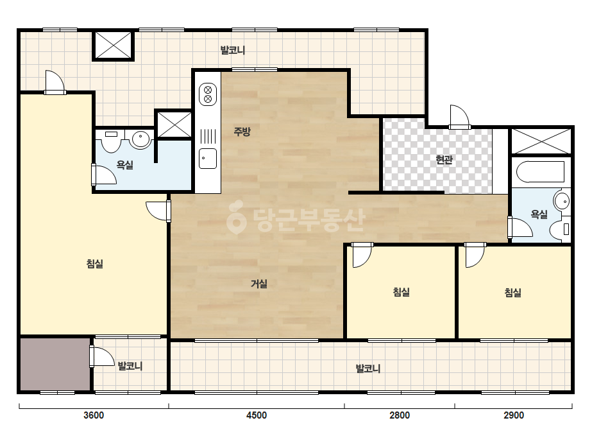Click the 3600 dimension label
point(93,415)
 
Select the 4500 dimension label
point(257,415)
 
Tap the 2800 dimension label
point(400,415)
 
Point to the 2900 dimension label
point(514,415)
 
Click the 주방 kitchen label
point(242,132)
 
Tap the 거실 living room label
point(259,284)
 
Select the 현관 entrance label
point(444,159)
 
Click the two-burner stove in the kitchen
point(208,94)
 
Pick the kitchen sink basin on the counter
point(208,159)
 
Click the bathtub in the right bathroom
point(541,172)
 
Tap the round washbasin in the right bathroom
point(562,201)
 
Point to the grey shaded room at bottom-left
point(55,364)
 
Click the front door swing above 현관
point(459,116)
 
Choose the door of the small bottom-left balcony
point(102,356)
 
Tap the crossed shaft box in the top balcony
point(114,46)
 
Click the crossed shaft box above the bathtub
point(541,141)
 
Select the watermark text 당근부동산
point(296,220)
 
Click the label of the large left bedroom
point(95,263)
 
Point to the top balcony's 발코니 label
point(233,50)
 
